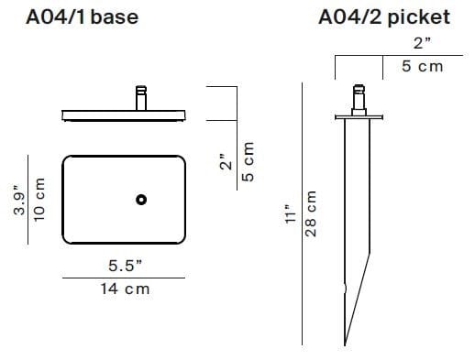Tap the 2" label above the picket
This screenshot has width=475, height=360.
pos(423,43)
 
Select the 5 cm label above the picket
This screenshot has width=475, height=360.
pos(422,66)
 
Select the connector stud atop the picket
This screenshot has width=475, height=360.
pos(359,96)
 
